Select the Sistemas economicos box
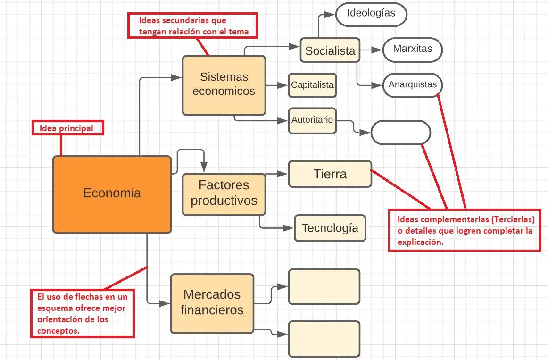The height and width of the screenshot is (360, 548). click(224, 85)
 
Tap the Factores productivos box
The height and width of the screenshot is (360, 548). click(224, 194)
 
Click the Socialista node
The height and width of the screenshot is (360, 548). click(330, 50)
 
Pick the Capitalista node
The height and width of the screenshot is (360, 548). click(312, 85)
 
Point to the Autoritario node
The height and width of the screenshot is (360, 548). click(312, 120)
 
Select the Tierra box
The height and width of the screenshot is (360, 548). click(330, 174)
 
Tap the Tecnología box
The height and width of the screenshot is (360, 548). click(330, 228)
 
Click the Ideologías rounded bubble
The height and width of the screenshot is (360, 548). click(371, 14)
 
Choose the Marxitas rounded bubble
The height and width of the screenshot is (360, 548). click(412, 49)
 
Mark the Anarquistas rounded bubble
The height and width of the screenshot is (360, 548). click(412, 85)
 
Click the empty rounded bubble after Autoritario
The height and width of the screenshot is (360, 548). click(400, 133)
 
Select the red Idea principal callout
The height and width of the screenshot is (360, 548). click(67, 128)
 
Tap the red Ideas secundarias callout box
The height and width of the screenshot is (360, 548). click(192, 25)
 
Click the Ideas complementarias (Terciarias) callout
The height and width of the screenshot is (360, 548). click(465, 230)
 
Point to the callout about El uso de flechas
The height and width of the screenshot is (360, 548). click(83, 313)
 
